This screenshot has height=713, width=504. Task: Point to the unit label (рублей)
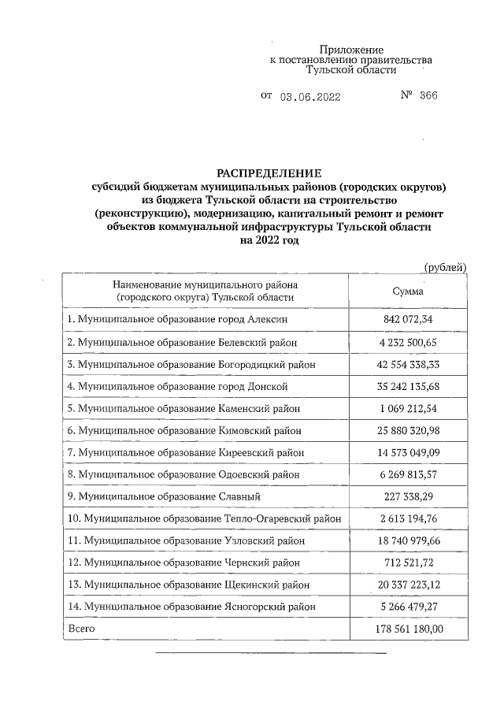click(445, 267)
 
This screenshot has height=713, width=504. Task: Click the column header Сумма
click(407, 291)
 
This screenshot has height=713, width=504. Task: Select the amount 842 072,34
click(407, 319)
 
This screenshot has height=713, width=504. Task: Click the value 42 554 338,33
click(407, 365)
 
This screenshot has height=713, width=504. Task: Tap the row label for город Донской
click(177, 387)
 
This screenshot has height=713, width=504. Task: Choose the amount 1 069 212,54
click(407, 409)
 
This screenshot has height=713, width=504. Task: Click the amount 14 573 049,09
click(407, 453)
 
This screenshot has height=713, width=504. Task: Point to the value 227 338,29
click(407, 496)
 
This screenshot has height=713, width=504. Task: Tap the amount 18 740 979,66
click(407, 540)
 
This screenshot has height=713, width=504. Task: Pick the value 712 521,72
click(407, 563)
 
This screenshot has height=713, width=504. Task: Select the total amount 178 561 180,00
click(407, 629)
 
